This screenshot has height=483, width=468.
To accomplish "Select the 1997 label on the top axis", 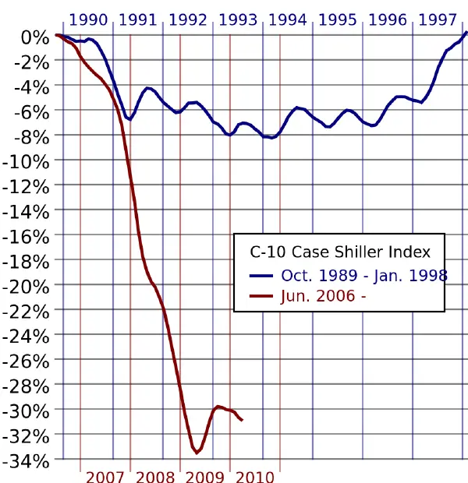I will pos(438,19).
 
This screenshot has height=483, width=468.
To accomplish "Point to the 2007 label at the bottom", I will pos(105,477).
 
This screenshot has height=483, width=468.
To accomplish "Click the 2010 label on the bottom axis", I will pos(255,477).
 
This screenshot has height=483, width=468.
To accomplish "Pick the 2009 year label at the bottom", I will pos(205,477).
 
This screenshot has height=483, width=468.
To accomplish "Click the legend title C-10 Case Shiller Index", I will pos(340,252).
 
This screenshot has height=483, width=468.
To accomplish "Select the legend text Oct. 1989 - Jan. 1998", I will pos(364,274).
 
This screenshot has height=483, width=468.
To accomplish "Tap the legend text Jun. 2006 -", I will pos(324,296).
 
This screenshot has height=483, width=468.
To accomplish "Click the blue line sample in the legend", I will pos(261,275).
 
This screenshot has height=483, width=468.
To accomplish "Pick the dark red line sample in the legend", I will pos(261,297).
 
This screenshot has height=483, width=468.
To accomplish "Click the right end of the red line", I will pos(243,421).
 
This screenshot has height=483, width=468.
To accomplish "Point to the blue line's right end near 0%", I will pos(466,32).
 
